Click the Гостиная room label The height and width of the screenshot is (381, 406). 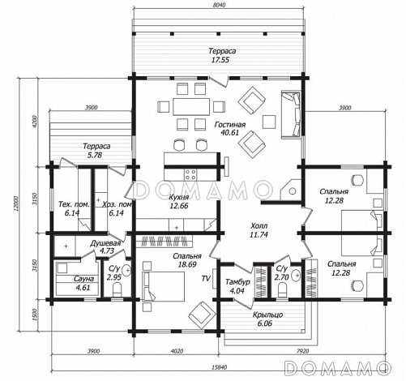point(230,125)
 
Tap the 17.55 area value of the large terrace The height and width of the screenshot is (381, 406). point(220,60)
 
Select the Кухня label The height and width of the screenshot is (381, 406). point(178,197)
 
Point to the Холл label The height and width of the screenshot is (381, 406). point(259,225)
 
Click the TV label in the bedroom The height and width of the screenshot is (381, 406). point(206,278)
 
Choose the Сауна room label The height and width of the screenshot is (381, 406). point(83,279)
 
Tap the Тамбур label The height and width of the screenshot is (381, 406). point(237,282)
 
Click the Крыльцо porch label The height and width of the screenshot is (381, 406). point(267,315)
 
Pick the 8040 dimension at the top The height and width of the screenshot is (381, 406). point(219,5)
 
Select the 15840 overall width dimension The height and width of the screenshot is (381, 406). point(219,367)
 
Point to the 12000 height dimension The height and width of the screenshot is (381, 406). point(16,203)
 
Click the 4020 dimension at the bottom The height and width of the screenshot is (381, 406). point(177,351)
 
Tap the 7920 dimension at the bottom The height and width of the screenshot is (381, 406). point(302,351)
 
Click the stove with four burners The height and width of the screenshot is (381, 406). point(190,174)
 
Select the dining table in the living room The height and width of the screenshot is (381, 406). point(191,107)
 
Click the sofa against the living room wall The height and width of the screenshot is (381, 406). point(291,115)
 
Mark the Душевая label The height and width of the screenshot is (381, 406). point(105,243)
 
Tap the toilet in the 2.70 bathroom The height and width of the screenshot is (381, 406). point(283,289)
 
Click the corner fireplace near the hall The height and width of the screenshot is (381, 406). point(290,190)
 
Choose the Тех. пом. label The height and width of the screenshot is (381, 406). point(74,204)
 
